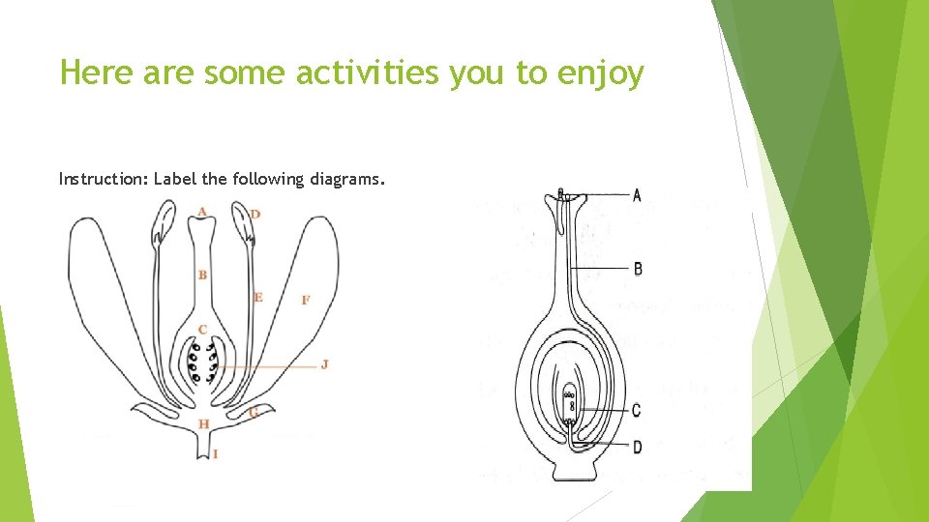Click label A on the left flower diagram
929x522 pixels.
click(x=201, y=212)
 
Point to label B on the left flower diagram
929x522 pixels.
click(x=202, y=275)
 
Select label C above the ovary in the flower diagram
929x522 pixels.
click(x=202, y=330)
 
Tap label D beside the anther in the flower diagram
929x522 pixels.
click(x=255, y=214)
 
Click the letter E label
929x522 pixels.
click(x=257, y=297)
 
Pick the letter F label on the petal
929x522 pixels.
click(x=306, y=301)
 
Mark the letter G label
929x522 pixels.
click(x=253, y=413)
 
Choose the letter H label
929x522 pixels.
click(x=203, y=424)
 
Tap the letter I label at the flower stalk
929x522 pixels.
click(x=215, y=453)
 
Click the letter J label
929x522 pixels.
click(x=324, y=364)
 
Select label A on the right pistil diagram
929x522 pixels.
click(x=637, y=195)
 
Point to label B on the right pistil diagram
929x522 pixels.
click(x=638, y=268)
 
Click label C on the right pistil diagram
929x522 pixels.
click(x=636, y=411)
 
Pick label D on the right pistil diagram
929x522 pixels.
click(x=637, y=447)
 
